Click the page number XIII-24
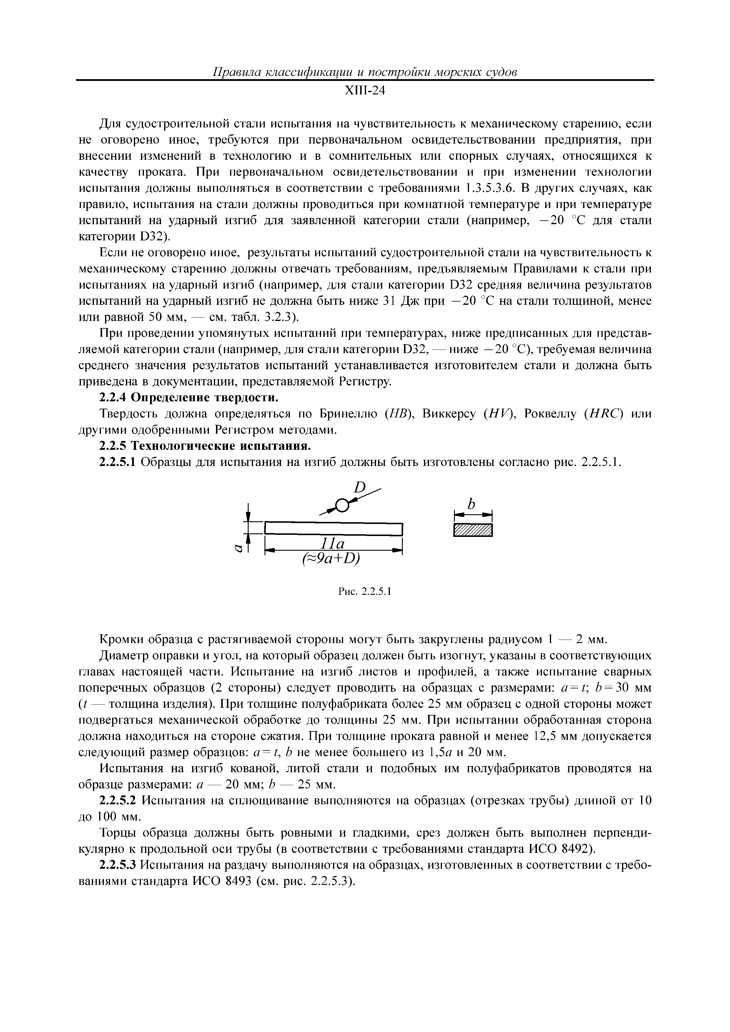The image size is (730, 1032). point(365,91)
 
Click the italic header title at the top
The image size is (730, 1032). point(365,72)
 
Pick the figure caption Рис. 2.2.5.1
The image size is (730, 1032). point(365,592)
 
